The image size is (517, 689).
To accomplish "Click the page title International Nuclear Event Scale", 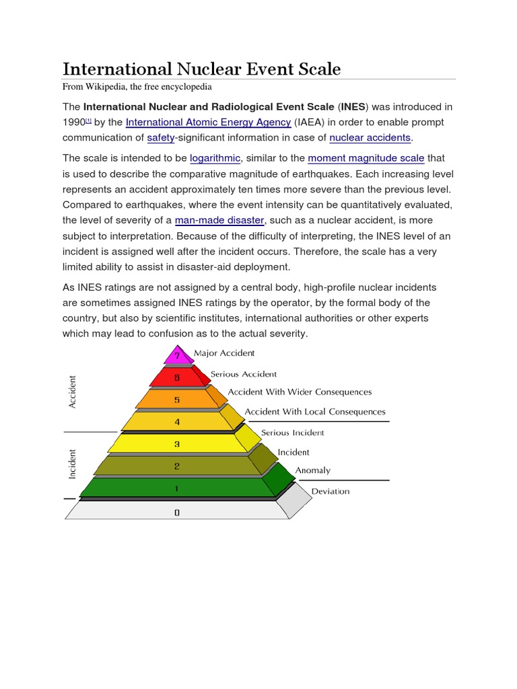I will (x=201, y=69).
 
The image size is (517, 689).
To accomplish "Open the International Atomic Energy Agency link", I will (x=208, y=122).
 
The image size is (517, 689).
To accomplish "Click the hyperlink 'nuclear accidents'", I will (x=370, y=137).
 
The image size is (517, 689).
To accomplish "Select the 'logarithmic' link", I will (x=214, y=158).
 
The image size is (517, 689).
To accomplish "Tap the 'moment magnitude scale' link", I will (x=366, y=158).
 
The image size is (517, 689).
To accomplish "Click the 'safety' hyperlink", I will (x=160, y=137).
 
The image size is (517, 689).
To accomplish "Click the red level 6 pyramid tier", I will (x=177, y=377).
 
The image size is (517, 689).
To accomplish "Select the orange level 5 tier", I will (x=177, y=400).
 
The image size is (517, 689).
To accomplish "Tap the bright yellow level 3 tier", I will (x=177, y=443).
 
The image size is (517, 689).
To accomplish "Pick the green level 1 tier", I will (x=177, y=488).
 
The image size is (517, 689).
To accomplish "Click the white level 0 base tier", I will (x=177, y=512).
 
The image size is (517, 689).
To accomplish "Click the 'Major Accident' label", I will (x=224, y=353).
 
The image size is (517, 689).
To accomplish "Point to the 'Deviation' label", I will (x=331, y=491).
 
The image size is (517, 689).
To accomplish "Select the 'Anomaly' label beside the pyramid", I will (x=313, y=471).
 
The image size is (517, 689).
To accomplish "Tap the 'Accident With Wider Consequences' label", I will (x=300, y=392).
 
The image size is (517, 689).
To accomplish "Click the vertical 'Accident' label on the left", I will (x=73, y=392).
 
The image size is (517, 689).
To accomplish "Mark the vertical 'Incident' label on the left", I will (x=73, y=464).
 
